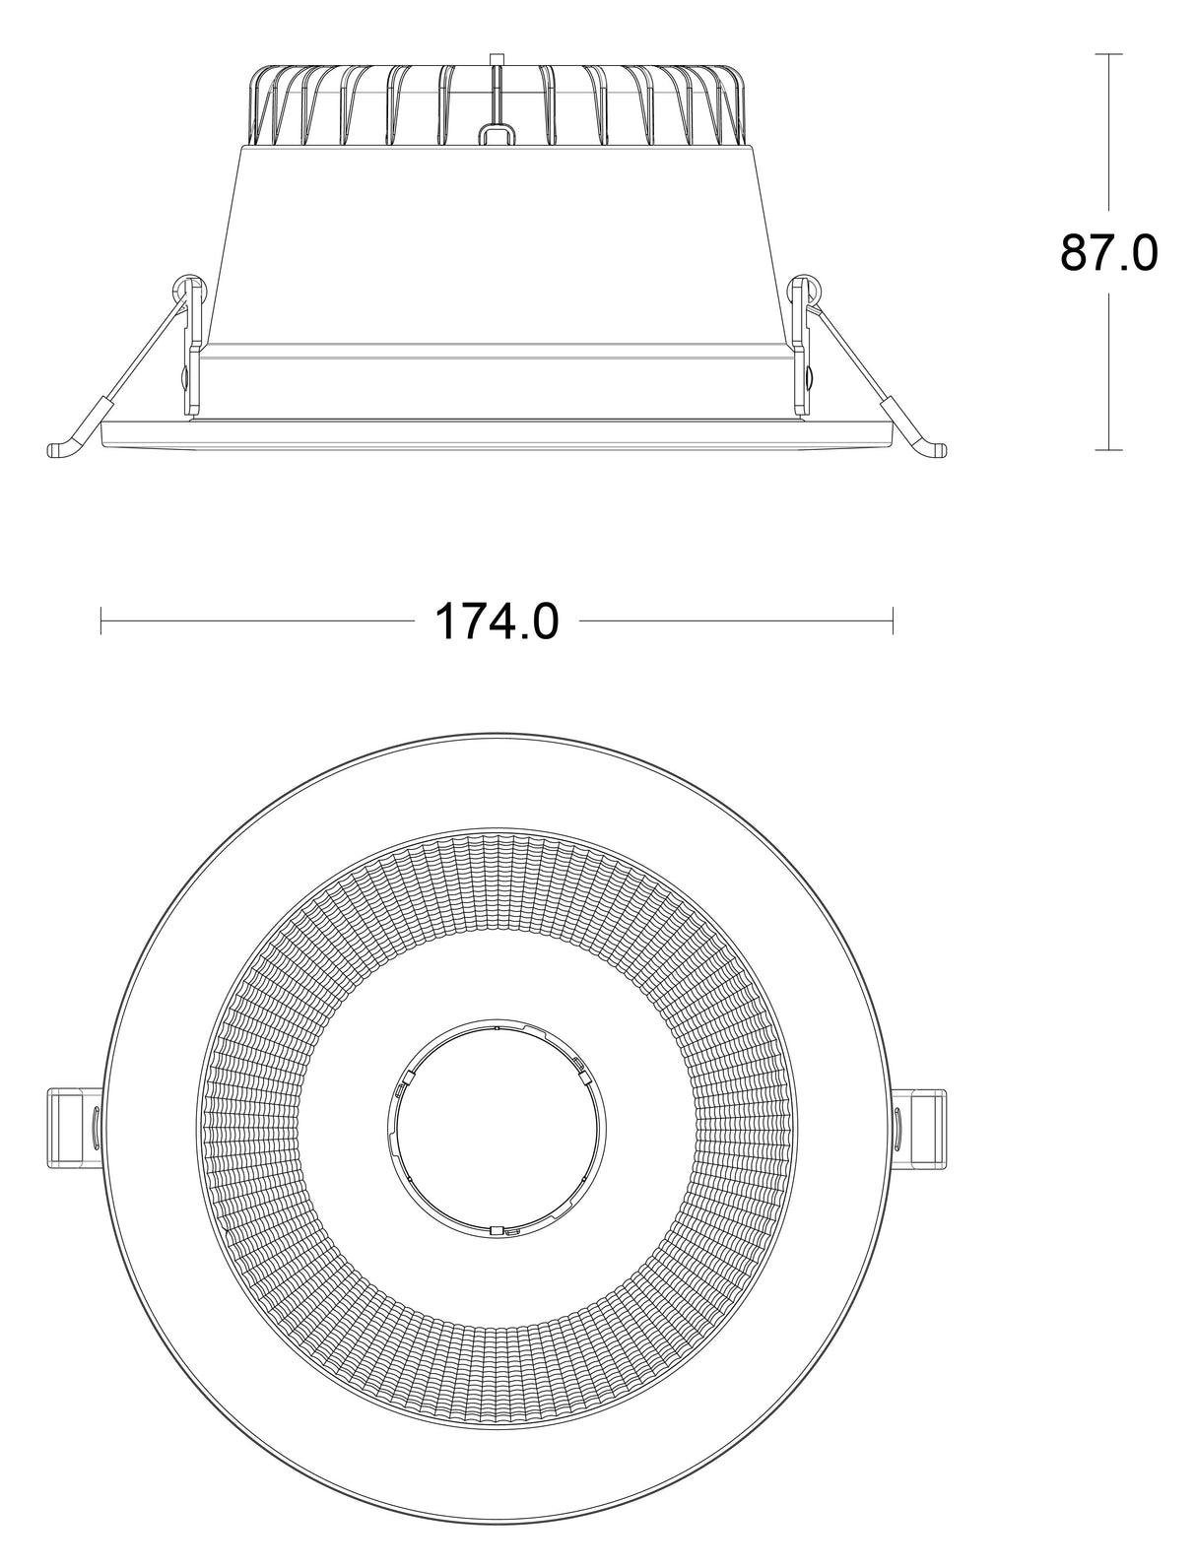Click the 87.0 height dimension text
pos(1108,253)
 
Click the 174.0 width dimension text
pos(497,621)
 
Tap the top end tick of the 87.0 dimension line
pos(1109,54)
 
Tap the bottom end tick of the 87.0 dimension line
pos(1109,450)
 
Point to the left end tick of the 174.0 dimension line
pos(101,621)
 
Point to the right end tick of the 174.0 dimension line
pos(893,621)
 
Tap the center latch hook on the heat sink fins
pos(497,129)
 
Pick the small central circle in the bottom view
pos(497,1129)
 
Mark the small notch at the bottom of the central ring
pos(498,1230)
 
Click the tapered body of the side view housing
pos(497,246)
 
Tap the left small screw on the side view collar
pos(184,376)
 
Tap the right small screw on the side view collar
pos(810,376)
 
